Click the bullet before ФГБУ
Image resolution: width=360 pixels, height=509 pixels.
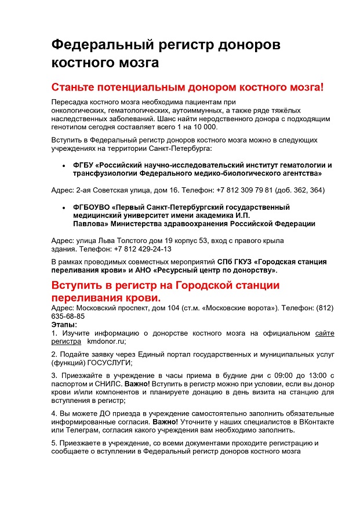coord(64,165)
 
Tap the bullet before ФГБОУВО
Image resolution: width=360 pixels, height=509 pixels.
coord(64,207)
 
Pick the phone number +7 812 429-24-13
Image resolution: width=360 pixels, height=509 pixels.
coord(143,249)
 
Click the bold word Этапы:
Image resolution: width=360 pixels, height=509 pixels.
coord(64,325)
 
